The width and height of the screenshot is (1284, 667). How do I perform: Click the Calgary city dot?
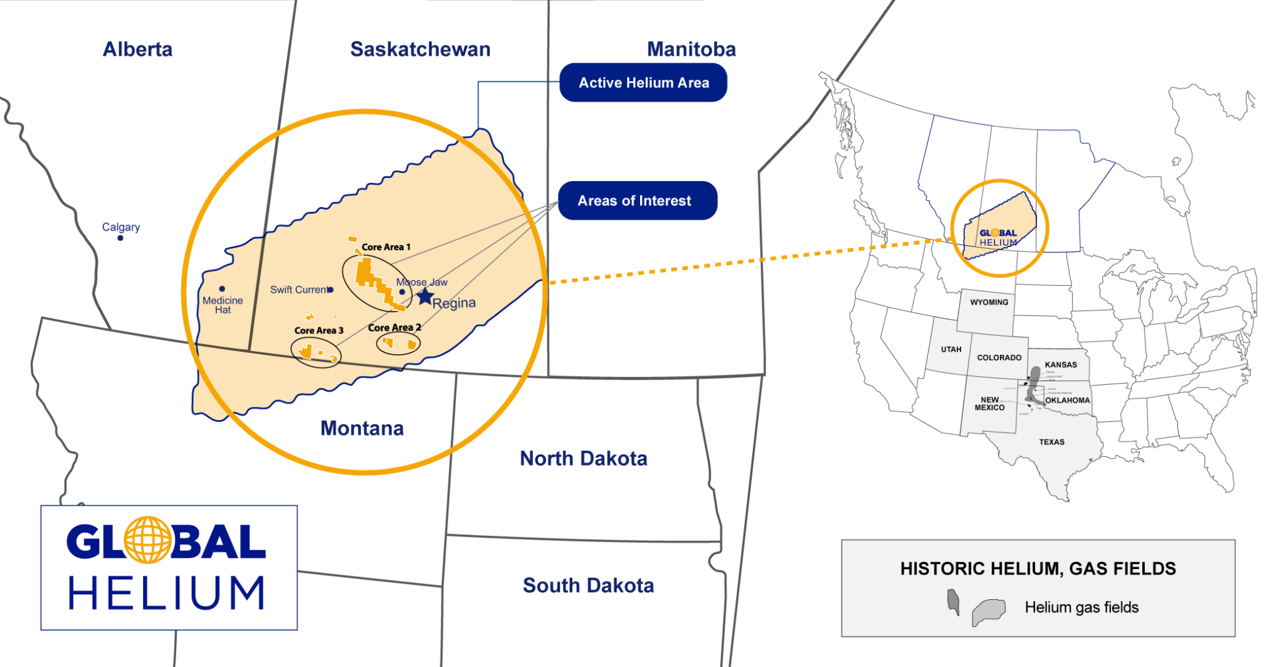click(120, 238)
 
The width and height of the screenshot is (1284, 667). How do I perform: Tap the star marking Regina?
click(425, 297)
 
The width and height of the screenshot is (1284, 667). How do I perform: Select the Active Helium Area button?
click(643, 83)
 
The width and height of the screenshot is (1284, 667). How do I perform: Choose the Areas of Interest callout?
click(637, 201)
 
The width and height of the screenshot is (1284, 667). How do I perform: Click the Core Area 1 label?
click(386, 247)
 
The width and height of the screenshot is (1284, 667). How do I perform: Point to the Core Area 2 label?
click(394, 328)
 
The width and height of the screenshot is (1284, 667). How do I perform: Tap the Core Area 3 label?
click(318, 330)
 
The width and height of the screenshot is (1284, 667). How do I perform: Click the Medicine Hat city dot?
click(222, 289)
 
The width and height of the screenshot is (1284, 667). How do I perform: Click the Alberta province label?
click(137, 50)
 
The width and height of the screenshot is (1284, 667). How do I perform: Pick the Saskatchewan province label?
click(420, 50)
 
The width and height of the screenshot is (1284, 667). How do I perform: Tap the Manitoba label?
click(691, 50)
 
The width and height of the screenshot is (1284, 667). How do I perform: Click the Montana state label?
click(362, 429)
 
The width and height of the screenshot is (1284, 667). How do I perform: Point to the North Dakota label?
click(583, 459)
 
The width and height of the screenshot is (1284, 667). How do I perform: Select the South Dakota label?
click(588, 586)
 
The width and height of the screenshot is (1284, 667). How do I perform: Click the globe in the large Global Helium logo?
click(147, 540)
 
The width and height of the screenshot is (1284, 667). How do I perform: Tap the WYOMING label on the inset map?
click(989, 302)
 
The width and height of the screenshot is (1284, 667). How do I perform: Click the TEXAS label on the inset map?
click(1051, 442)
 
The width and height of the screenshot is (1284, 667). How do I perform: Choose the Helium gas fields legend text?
click(1081, 607)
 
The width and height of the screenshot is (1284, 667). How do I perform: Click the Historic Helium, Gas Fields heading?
click(1038, 569)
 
